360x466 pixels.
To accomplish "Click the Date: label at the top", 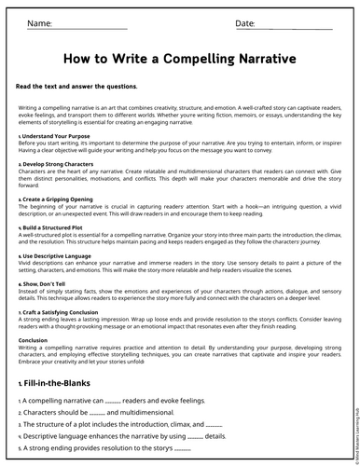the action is (245, 22).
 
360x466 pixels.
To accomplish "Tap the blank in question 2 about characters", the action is (97, 414).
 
